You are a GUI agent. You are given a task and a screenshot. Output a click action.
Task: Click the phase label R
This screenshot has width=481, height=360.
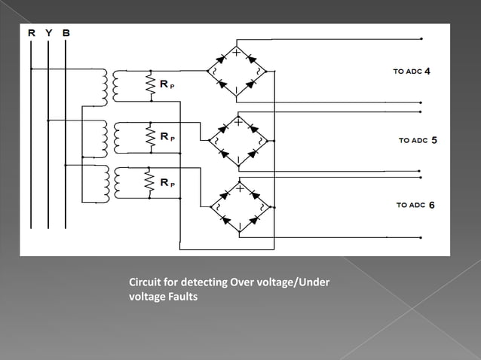coord(31,33)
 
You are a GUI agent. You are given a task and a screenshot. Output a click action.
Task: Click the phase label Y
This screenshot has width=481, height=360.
coord(49,33)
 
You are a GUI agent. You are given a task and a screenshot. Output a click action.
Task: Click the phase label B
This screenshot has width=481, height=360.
coord(66,33)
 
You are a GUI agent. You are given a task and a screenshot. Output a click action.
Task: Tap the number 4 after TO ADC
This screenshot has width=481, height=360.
coord(427,72)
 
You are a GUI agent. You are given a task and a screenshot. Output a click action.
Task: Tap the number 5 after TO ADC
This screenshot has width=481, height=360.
coord(434,140)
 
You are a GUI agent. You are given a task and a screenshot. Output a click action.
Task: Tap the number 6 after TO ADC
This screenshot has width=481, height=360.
coord(431,205)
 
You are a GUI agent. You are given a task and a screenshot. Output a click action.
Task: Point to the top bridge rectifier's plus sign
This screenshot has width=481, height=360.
coord(236,53)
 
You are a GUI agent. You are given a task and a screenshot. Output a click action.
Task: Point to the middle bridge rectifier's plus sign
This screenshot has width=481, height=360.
coord(237,122)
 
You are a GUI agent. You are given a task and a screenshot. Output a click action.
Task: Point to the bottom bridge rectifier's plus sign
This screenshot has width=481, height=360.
coord(239,188)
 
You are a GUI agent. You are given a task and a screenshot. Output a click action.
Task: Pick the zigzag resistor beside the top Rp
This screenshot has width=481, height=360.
coord(151,86)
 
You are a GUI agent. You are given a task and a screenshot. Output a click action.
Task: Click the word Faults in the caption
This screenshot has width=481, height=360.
coord(181,297)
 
